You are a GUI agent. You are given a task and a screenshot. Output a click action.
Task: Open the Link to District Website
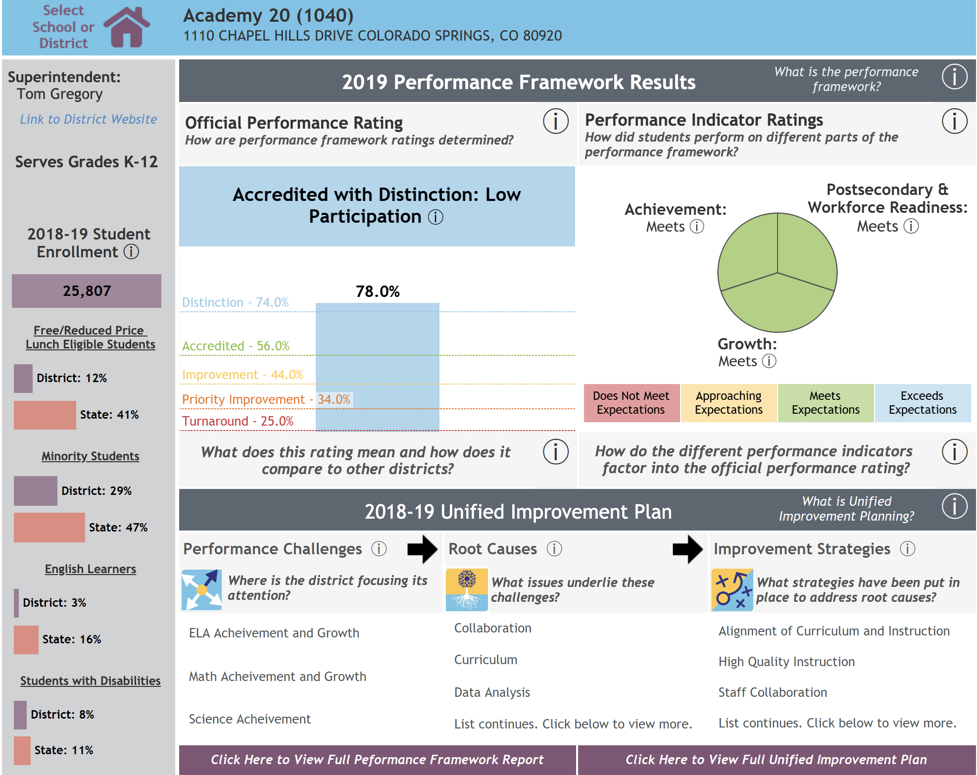(89, 119)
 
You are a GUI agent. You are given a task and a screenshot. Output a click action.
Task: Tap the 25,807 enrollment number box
(87, 291)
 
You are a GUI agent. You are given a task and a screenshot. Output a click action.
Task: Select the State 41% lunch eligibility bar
(45, 415)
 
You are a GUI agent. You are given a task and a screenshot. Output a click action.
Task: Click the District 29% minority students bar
(35, 491)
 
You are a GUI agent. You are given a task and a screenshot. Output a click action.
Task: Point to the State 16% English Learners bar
(26, 639)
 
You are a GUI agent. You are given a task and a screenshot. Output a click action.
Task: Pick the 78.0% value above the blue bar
(378, 291)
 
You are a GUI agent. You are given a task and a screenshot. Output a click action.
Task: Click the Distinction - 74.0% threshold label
(235, 302)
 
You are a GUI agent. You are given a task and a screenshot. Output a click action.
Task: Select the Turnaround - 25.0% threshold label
(238, 421)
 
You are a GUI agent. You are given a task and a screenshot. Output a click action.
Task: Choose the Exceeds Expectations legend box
(923, 403)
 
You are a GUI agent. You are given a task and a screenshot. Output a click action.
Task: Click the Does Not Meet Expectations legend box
(631, 403)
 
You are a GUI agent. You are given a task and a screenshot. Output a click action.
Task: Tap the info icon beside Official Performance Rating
(555, 121)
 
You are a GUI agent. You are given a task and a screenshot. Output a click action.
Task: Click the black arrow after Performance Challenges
(422, 549)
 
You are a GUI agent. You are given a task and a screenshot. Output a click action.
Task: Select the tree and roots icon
(467, 589)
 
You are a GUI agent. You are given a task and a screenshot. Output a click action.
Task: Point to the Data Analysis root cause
(492, 692)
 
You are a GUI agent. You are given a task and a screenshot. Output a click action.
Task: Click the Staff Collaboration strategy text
(773, 692)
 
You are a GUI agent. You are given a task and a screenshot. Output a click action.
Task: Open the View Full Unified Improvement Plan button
(776, 760)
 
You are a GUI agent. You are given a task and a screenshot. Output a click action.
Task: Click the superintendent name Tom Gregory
(60, 94)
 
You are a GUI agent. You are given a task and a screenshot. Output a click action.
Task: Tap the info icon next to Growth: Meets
(769, 361)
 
